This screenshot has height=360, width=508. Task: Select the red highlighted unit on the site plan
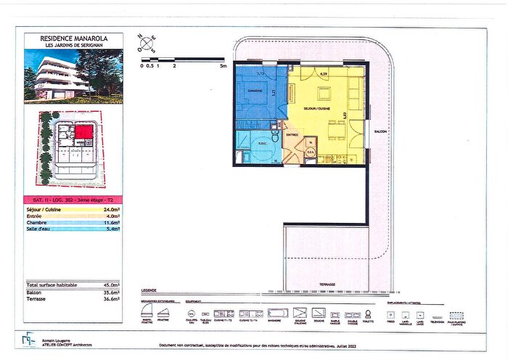pyautogui.click(x=85, y=131)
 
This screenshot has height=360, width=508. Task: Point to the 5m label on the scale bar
pyautogui.click(x=224, y=65)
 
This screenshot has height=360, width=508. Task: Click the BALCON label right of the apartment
pyautogui.click(x=382, y=132)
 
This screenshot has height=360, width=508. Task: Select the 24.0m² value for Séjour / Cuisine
pyautogui.click(x=110, y=210)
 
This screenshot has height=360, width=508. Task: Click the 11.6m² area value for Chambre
pyautogui.click(x=110, y=221)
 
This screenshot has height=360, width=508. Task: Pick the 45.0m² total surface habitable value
pyautogui.click(x=110, y=285)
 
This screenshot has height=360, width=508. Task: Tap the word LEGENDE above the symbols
pyautogui.click(x=149, y=290)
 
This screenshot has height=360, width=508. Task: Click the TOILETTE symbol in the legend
pyautogui.click(x=369, y=314)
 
